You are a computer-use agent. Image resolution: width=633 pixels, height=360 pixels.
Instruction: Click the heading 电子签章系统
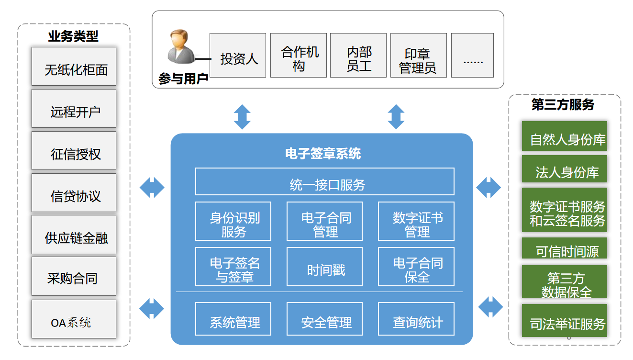tap(323, 154)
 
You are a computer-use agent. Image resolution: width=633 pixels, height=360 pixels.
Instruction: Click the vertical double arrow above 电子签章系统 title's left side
tap(242, 116)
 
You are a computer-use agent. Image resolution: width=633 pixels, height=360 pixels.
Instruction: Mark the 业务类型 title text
tap(73, 36)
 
